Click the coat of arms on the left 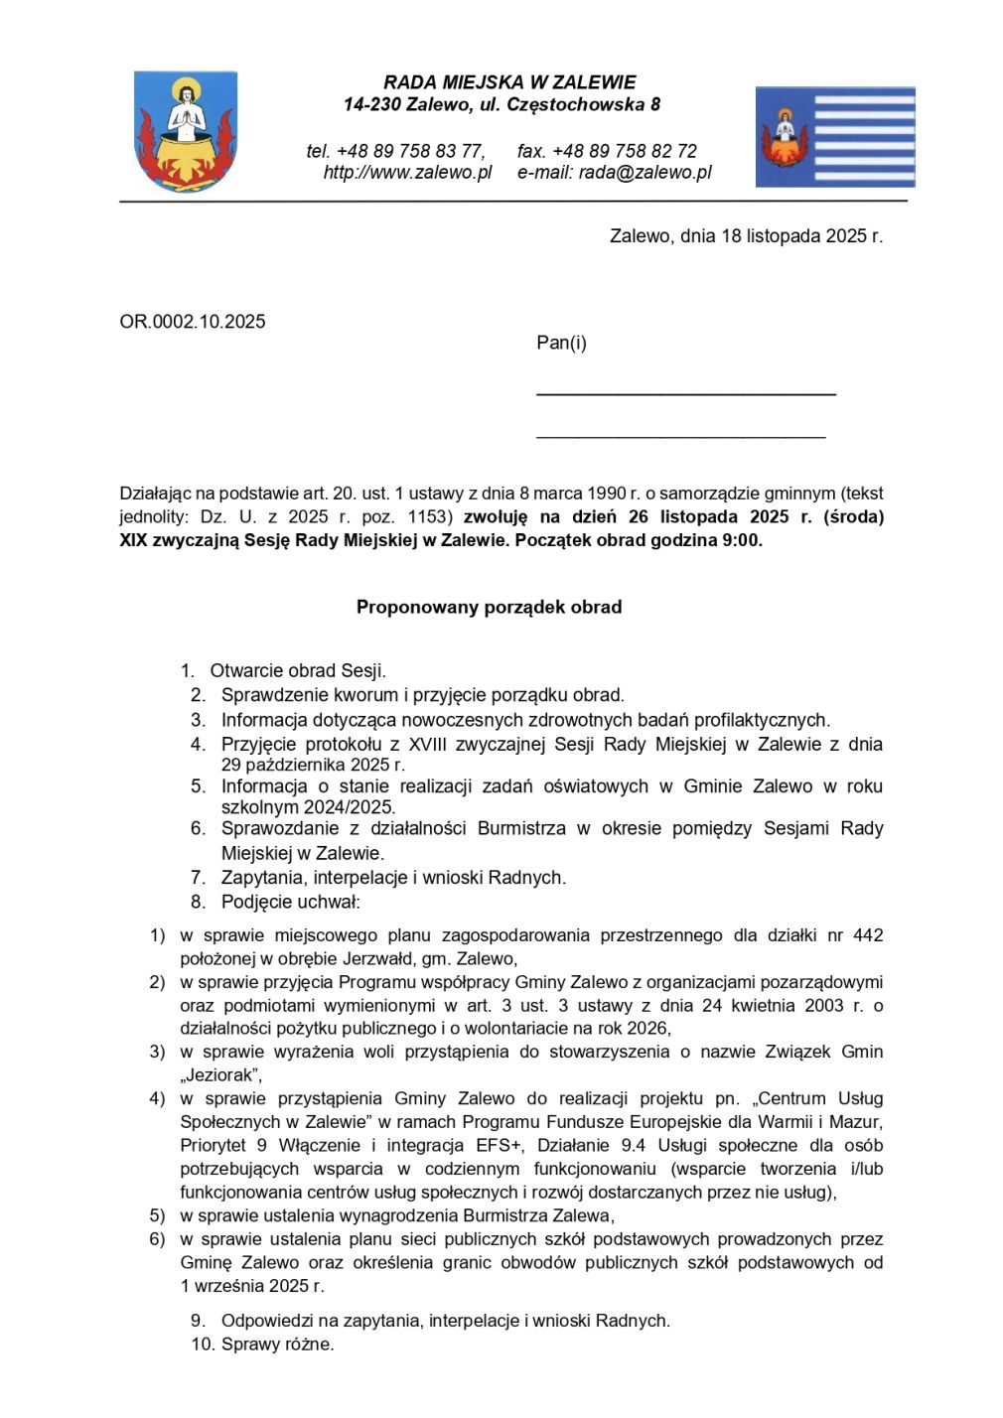click(186, 131)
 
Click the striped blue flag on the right click(834, 137)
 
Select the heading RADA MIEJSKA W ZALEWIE click(509, 82)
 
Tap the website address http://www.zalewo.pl click(407, 173)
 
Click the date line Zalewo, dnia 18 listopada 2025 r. click(746, 236)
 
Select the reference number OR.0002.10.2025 click(193, 322)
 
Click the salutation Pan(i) click(561, 344)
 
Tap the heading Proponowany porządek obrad click(489, 607)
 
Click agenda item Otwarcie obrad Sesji click(297, 671)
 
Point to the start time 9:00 click(742, 541)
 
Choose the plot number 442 click(867, 935)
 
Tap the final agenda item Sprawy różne click(277, 1345)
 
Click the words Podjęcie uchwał click(290, 902)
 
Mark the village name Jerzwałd click(376, 959)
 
